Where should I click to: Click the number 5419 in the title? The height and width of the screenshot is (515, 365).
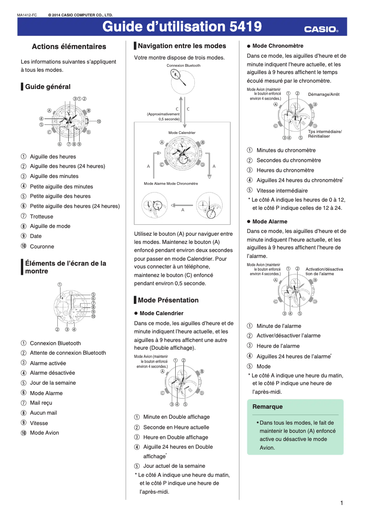coord(246,27)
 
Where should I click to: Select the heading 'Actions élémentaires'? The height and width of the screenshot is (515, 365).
coord(69,47)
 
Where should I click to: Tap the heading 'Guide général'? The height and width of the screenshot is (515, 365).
coord(48,87)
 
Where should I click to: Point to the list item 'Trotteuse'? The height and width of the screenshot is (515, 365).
coord(41,217)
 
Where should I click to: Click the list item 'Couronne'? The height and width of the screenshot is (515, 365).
coord(42,247)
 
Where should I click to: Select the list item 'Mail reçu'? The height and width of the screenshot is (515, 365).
coord(41,403)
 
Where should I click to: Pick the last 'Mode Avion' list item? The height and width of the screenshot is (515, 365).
coord(44,433)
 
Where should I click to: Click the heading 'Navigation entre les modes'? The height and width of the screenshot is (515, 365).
coord(182,46)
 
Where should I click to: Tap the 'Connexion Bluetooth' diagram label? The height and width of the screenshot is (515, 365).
coord(183,66)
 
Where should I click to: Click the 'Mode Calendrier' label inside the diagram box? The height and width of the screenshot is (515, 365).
coord(182,133)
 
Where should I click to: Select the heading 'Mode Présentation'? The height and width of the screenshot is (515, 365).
coord(168,300)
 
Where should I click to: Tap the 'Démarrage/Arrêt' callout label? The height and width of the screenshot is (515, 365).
coord(324,94)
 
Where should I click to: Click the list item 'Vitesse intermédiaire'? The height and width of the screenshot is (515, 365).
coord(282,191)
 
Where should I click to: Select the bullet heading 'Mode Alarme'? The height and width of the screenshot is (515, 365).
coord(270,222)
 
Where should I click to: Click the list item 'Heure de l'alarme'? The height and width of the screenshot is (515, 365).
coord(278,346)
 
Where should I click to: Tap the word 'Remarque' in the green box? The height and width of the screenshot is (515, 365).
coord(268,407)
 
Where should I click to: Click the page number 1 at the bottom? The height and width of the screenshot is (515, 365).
coord(341,503)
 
